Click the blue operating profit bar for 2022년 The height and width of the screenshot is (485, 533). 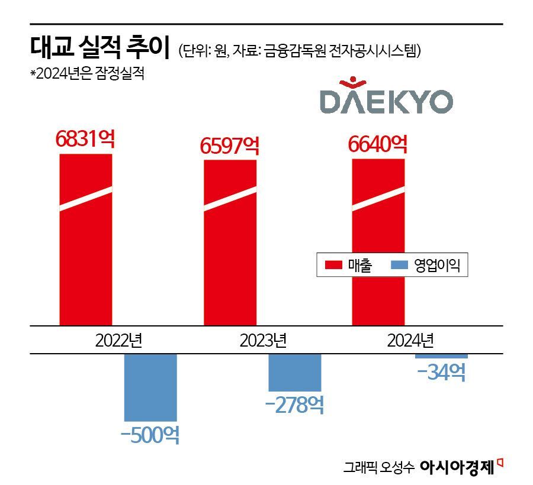(x=150, y=387)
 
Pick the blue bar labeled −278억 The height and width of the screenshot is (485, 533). (x=294, y=372)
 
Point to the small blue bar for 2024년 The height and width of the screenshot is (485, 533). (x=441, y=356)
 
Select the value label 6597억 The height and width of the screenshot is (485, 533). (x=230, y=145)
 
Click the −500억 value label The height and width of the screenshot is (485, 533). (x=150, y=435)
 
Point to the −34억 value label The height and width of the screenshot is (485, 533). (x=441, y=373)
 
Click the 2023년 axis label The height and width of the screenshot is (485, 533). (x=263, y=341)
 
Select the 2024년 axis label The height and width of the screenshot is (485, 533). (x=410, y=341)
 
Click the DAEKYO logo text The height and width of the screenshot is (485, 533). (x=386, y=101)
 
